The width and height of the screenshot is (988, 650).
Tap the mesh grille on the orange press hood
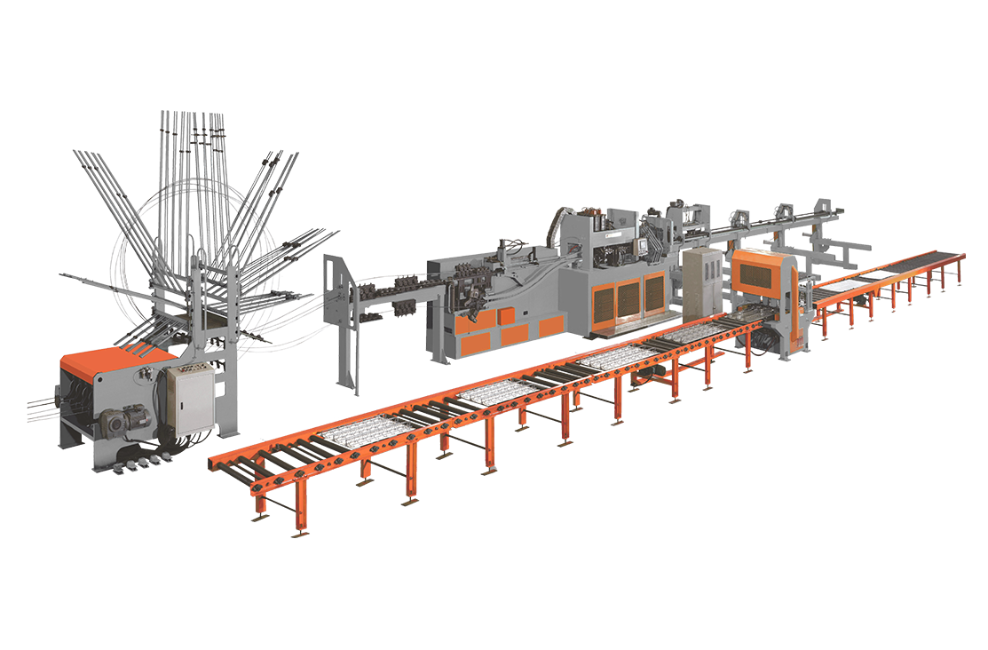pyautogui.click(x=762, y=276)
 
